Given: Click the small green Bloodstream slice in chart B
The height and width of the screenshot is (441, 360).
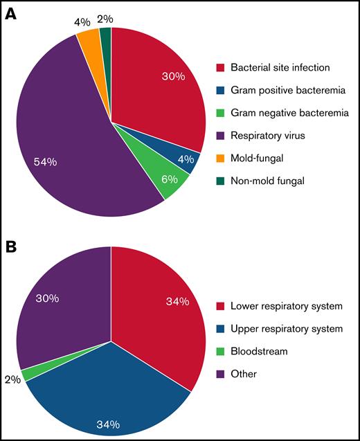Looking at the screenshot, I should click(x=28, y=374).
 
